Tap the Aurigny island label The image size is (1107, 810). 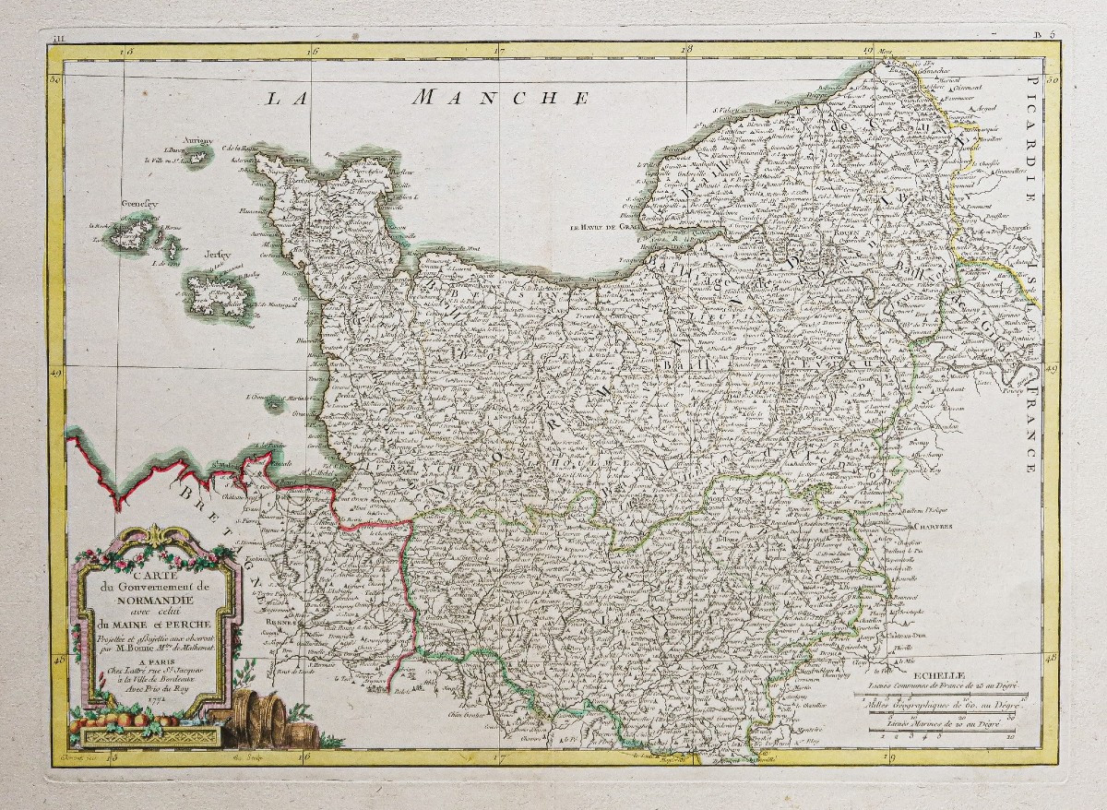point(197,141)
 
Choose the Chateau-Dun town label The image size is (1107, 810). point(905,637)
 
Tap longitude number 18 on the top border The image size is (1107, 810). point(685,51)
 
